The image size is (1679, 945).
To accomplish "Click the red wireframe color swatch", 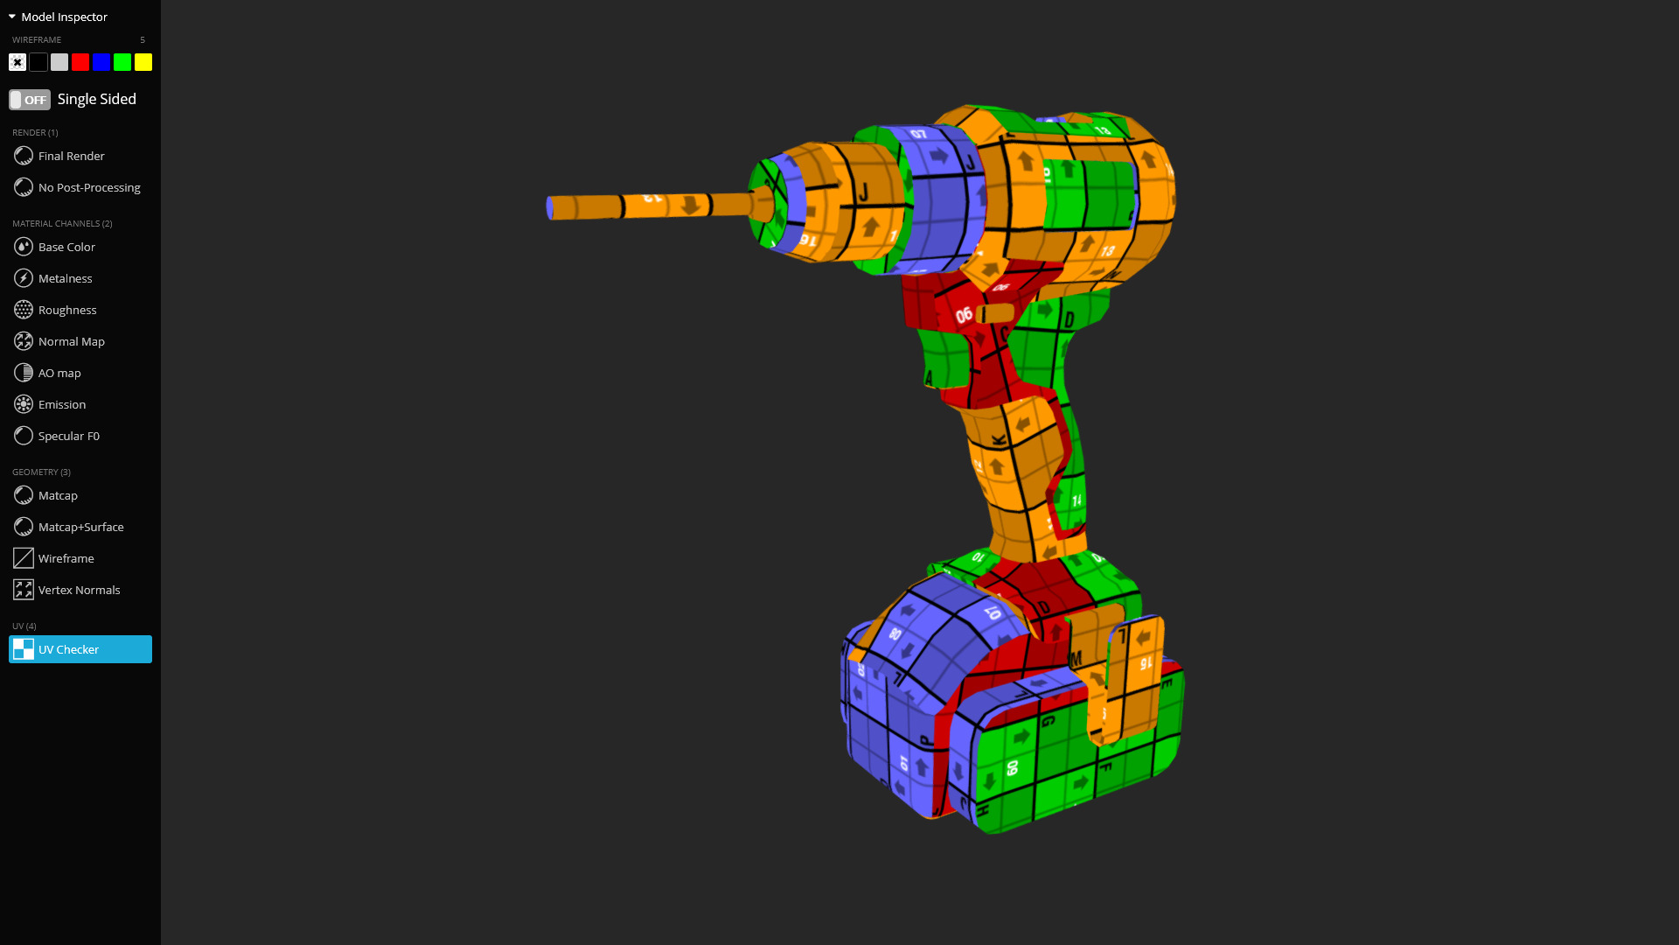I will tap(80, 62).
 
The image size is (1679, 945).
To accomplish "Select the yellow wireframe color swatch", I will tap(143, 62).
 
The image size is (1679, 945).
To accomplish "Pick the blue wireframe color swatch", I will tap(101, 62).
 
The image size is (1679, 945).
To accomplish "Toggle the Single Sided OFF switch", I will tap(30, 100).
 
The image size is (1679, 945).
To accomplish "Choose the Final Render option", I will tap(71, 156).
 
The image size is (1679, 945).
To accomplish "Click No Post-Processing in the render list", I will tap(88, 187).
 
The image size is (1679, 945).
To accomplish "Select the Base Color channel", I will tap(66, 247).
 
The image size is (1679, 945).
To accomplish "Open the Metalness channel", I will tap(65, 278).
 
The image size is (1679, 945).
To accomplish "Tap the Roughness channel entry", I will tap(67, 310).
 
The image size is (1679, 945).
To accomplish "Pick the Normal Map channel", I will tap(71, 341).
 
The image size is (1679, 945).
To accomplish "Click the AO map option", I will tap(59, 373).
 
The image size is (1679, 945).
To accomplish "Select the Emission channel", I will tap(61, 404).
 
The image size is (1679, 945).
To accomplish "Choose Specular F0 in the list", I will tap(68, 436).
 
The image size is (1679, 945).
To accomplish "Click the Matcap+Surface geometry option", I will tap(80, 527).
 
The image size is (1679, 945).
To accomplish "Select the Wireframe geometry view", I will tap(66, 558).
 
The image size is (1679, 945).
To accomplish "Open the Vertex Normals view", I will tap(79, 590).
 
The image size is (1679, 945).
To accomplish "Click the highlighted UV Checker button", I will tap(80, 649).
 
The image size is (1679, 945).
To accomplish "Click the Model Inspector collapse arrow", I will tap(12, 17).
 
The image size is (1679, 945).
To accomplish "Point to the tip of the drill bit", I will tap(550, 208).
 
